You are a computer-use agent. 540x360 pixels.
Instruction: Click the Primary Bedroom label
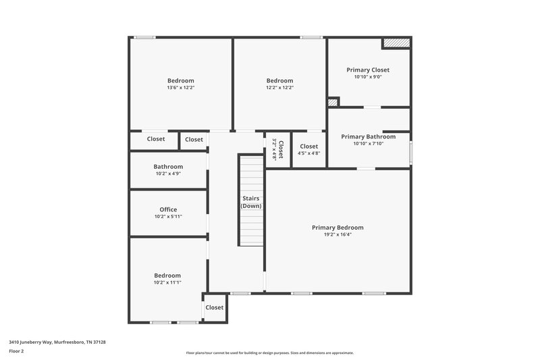pos(337,228)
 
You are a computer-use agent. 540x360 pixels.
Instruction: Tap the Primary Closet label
pos(368,70)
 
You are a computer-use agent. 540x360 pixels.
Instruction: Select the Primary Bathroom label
pos(368,136)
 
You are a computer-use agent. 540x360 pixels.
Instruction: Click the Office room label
pos(168,209)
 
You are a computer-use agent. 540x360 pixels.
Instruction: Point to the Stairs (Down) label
pos(252,202)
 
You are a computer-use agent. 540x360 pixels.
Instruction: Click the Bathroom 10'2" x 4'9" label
pos(168,167)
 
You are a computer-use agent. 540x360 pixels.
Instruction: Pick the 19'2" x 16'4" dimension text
pos(337,234)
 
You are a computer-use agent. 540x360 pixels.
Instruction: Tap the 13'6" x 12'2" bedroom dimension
pos(181,87)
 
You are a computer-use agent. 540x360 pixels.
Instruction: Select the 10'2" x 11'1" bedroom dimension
pos(167,282)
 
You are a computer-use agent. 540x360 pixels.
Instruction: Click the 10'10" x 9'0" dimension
pos(368,77)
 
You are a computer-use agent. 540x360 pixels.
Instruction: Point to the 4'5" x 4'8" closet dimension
pos(308,153)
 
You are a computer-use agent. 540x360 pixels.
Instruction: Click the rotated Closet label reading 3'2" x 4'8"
pos(277,149)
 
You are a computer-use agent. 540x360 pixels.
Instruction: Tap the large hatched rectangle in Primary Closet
pos(396,43)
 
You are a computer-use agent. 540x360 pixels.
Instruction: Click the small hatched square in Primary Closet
pos(332,103)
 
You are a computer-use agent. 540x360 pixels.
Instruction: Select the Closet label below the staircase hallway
pos(214,307)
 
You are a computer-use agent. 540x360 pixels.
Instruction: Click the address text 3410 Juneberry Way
pos(57,342)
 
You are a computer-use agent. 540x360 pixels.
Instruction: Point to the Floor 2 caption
pos(17,351)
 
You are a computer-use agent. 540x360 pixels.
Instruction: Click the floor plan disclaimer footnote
pos(269,353)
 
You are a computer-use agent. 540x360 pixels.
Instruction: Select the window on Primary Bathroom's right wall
pos(410,151)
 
